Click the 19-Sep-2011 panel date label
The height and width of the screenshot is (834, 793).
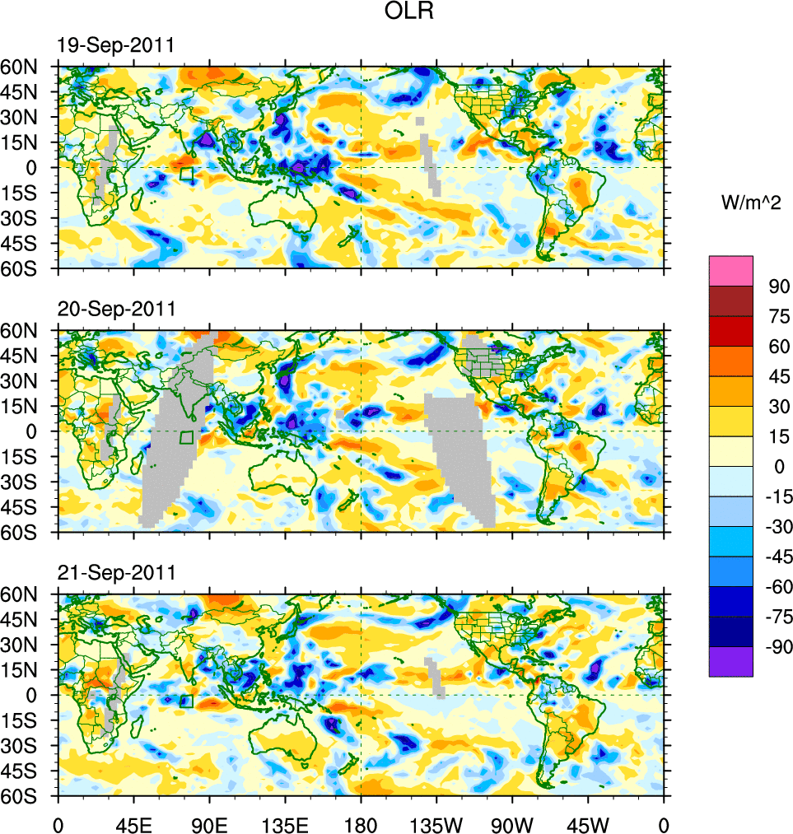click(x=115, y=45)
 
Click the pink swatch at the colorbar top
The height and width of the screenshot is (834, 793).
click(x=731, y=270)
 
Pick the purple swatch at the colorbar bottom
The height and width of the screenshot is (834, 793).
click(x=731, y=661)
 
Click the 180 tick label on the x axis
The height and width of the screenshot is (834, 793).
click(x=361, y=823)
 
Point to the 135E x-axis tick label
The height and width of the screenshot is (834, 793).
click(x=285, y=823)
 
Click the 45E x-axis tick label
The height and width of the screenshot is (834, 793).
click(x=133, y=823)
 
